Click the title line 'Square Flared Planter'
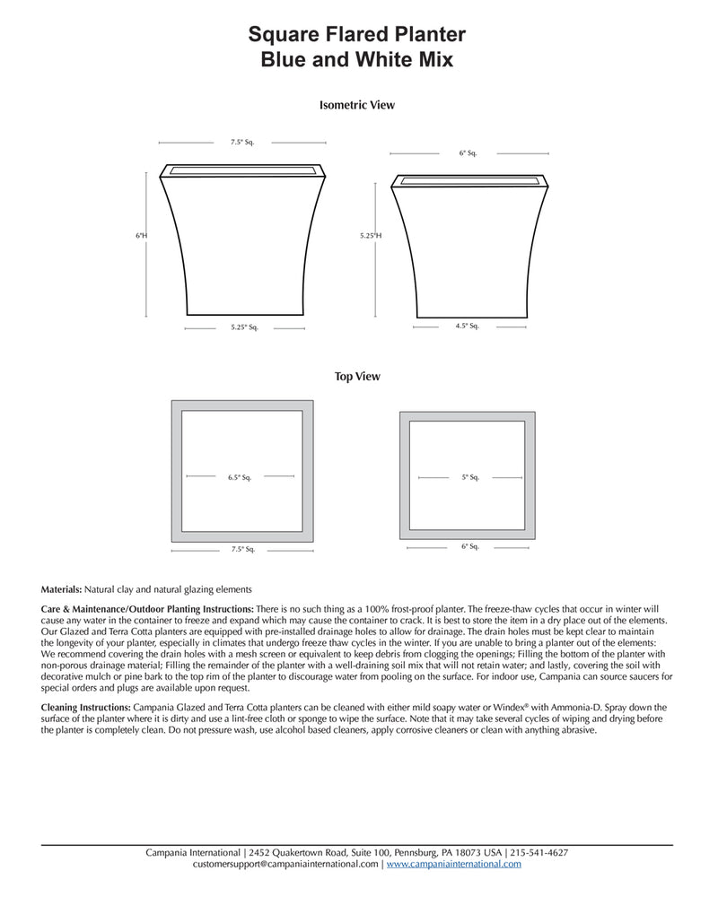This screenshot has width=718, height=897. pyautogui.click(x=357, y=35)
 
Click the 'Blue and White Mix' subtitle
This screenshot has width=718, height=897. pyautogui.click(x=357, y=61)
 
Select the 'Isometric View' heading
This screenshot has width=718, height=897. pyautogui.click(x=357, y=105)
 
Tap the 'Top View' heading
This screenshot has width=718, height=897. pyautogui.click(x=357, y=377)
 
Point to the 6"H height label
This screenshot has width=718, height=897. pyautogui.click(x=141, y=235)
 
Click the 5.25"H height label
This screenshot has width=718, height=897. pyautogui.click(x=371, y=235)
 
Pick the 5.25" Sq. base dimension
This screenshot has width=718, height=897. pyautogui.click(x=243, y=328)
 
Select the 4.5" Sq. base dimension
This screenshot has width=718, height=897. pyautogui.click(x=468, y=326)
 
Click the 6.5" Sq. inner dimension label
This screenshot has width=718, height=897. pyautogui.click(x=240, y=477)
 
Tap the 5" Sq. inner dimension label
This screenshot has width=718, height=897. pyautogui.click(x=470, y=477)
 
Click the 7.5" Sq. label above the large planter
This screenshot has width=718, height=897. pyautogui.click(x=242, y=142)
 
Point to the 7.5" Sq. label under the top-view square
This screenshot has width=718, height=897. pyautogui.click(x=243, y=549)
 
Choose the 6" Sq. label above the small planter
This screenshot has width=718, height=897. pyautogui.click(x=468, y=153)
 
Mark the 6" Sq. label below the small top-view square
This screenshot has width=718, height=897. pyautogui.click(x=470, y=546)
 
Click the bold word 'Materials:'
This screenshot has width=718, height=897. pyautogui.click(x=62, y=589)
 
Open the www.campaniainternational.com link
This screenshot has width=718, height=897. pyautogui.click(x=453, y=864)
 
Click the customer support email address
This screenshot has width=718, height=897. pyautogui.click(x=285, y=864)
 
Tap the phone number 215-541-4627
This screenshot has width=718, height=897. pyautogui.click(x=539, y=852)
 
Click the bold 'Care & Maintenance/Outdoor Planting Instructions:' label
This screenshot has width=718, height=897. pyautogui.click(x=148, y=609)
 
